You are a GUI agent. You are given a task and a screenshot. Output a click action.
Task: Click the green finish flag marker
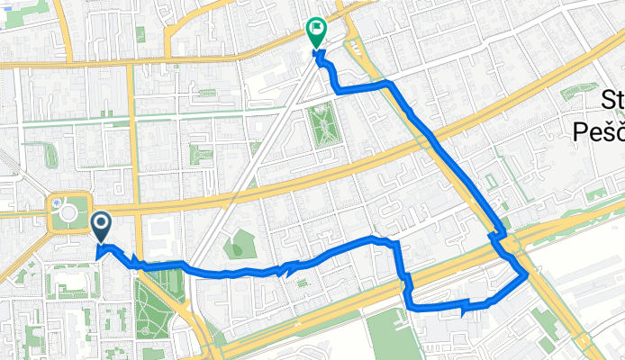(x=316, y=32)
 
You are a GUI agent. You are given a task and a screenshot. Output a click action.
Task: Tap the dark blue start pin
(x=101, y=226)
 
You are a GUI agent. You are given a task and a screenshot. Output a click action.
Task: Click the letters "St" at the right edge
(x=612, y=100)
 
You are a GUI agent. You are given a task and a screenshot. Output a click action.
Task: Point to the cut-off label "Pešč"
(x=599, y=131)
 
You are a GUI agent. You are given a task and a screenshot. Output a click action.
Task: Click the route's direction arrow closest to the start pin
(x=137, y=262)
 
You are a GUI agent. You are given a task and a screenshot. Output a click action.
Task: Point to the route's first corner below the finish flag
(x=337, y=89)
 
